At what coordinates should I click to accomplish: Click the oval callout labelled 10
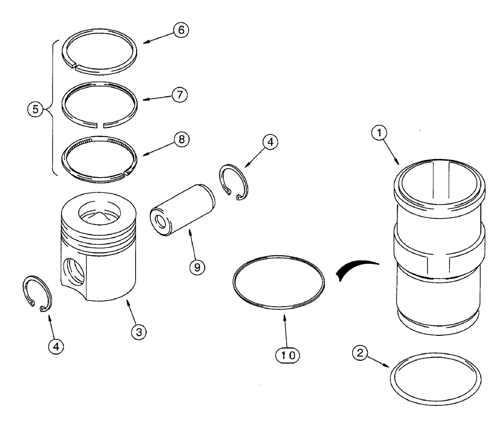293,354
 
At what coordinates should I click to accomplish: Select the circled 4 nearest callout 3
57,346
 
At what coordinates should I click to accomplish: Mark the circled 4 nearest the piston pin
270,143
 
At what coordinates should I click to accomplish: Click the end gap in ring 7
102,123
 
